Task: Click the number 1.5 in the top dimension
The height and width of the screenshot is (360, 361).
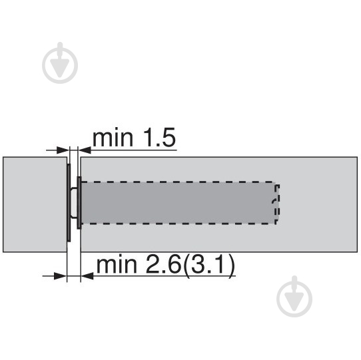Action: (x=159, y=138)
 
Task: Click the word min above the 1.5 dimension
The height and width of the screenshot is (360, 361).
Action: (x=113, y=138)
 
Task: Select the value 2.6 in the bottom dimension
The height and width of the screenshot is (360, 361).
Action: (x=163, y=265)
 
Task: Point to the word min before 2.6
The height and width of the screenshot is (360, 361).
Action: (x=117, y=266)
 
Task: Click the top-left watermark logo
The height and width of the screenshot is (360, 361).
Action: (x=60, y=63)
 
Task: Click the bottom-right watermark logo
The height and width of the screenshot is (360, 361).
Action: (x=294, y=296)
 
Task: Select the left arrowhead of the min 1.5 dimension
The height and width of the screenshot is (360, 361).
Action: (x=63, y=150)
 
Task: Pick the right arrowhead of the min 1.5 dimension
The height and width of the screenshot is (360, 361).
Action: (x=85, y=150)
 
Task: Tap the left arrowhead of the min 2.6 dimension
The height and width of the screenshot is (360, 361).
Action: (x=61, y=275)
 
